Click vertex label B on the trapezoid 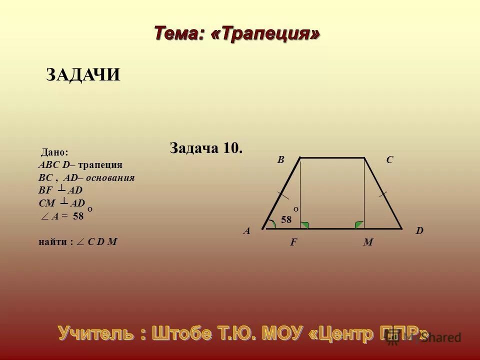[281, 160]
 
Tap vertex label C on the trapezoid [389, 160]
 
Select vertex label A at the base [246, 231]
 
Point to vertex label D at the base [419, 231]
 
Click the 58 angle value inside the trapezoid [285, 219]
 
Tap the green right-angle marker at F [304, 225]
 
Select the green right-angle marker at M [359, 225]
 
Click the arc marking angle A [271, 223]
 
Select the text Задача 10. [206, 148]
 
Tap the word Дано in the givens [54, 152]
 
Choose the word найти [53, 242]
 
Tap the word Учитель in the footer [96, 332]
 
